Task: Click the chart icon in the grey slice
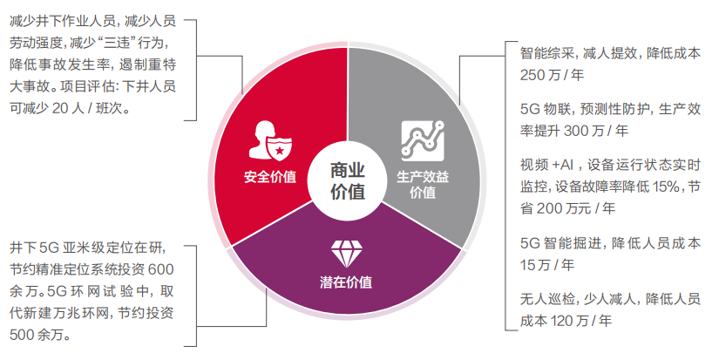click(423, 139)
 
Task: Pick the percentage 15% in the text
click(667, 187)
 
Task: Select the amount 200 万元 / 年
click(566, 207)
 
